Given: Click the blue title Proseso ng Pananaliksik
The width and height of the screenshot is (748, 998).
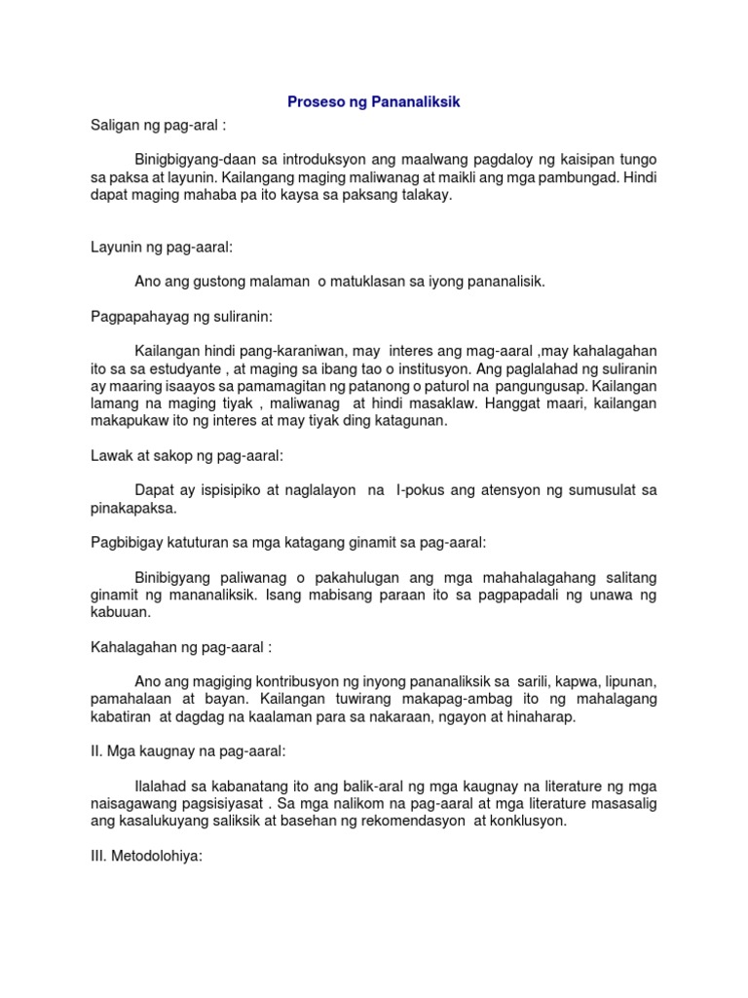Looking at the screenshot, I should pyautogui.click(x=373, y=101).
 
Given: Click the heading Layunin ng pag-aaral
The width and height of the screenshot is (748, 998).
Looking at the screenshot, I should pyautogui.click(x=159, y=249).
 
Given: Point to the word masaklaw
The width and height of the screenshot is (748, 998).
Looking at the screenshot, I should pyautogui.click(x=447, y=403).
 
